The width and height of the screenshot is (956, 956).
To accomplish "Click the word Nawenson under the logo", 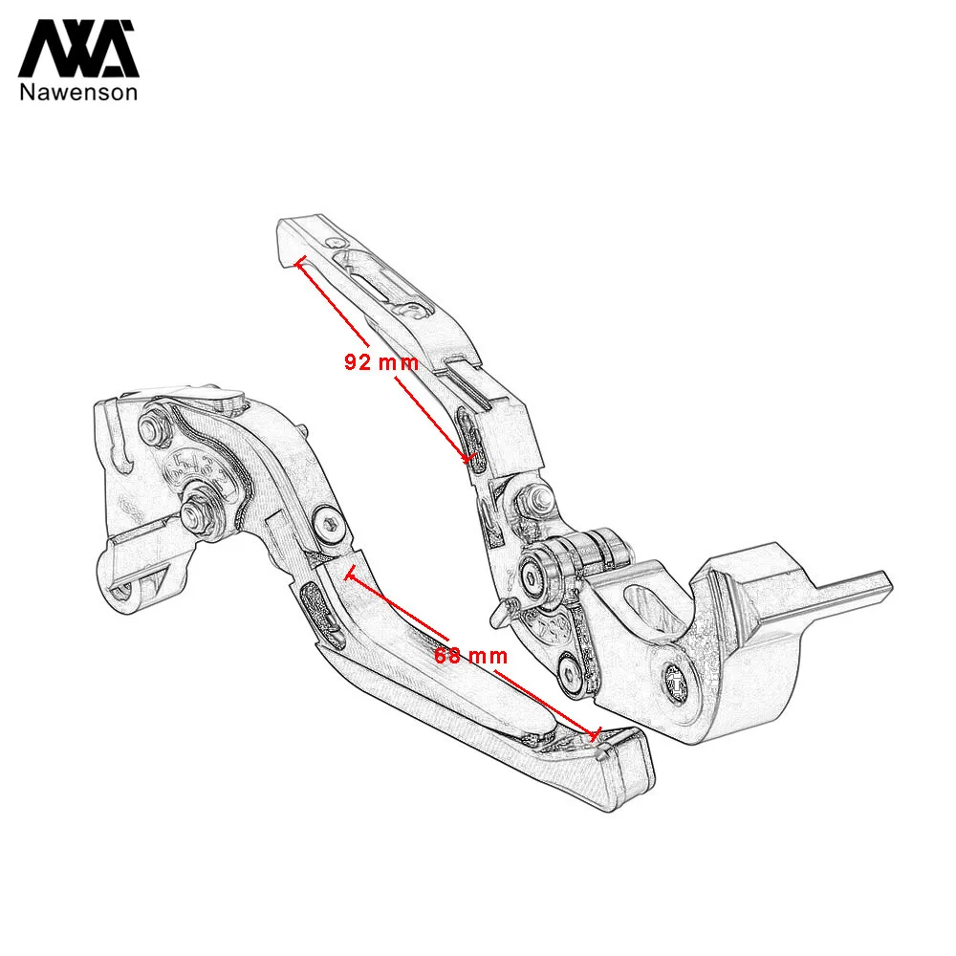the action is pyautogui.click(x=78, y=92).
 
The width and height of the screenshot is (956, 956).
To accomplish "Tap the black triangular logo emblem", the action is pyautogui.click(x=78, y=49).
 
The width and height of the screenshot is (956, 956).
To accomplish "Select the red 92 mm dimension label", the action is pyautogui.click(x=381, y=362).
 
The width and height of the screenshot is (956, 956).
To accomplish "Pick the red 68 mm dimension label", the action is pyautogui.click(x=470, y=656).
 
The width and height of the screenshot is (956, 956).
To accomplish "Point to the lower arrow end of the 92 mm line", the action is pyautogui.click(x=468, y=458).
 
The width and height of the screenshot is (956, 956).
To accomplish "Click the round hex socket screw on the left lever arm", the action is pyautogui.click(x=329, y=523).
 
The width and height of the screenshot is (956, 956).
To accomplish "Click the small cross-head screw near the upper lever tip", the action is pyautogui.click(x=338, y=243).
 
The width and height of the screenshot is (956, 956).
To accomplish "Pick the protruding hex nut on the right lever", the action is pyautogui.click(x=534, y=497).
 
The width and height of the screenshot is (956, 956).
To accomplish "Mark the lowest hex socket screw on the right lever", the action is pyautogui.click(x=571, y=675).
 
